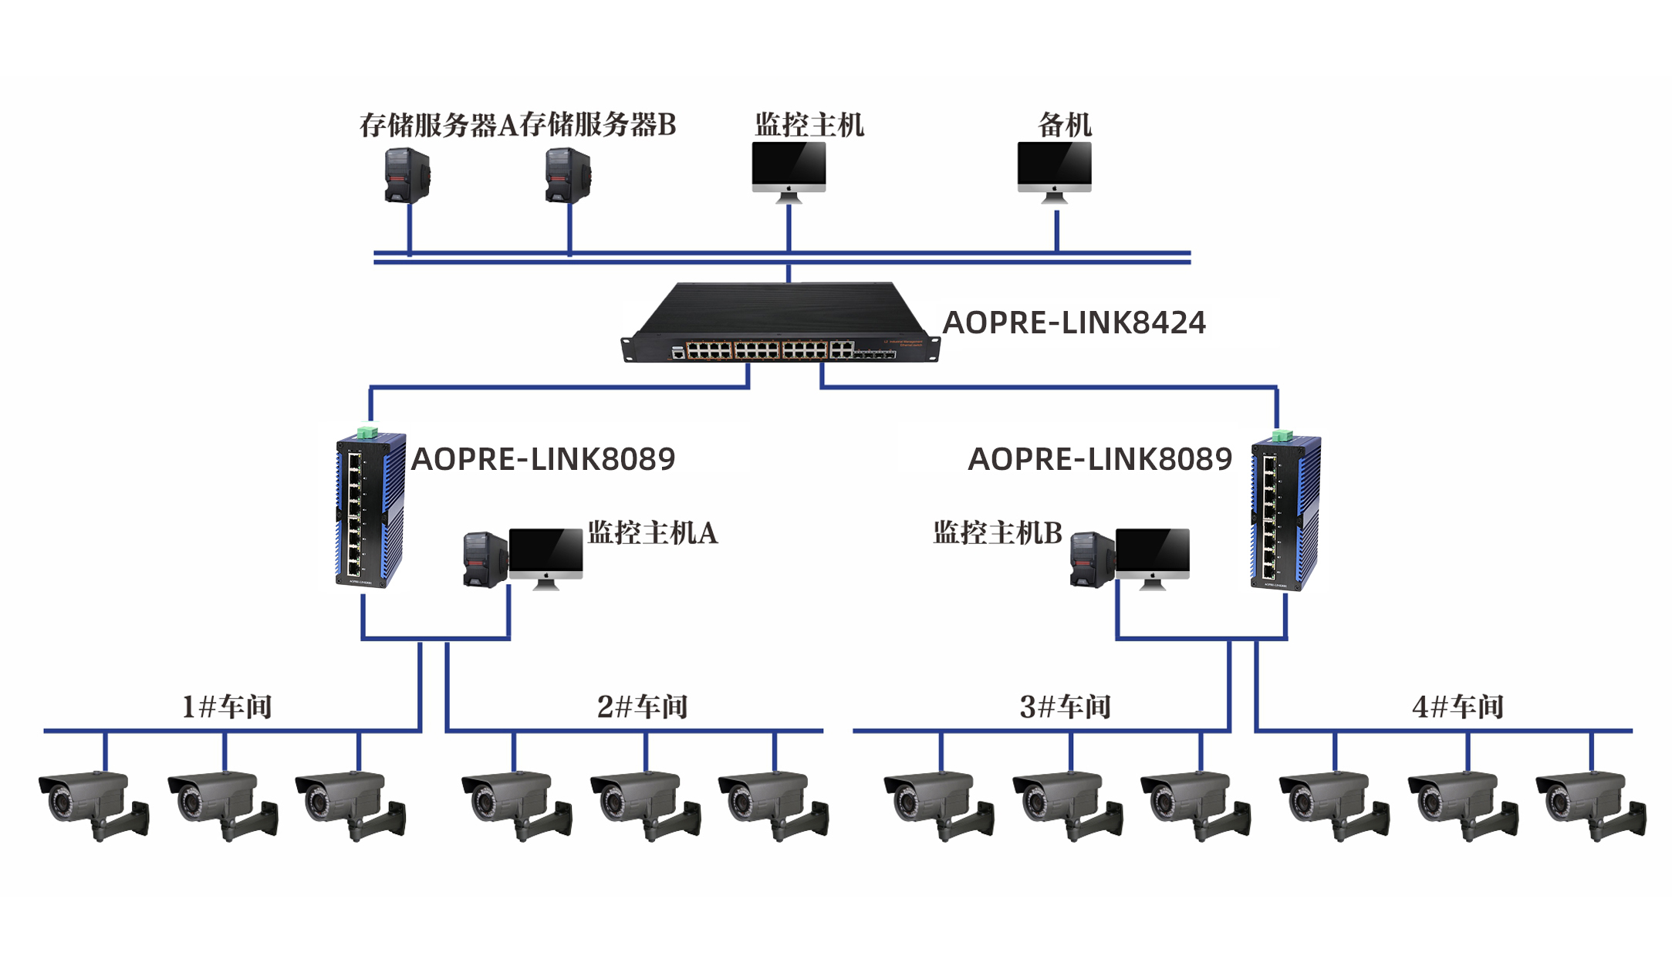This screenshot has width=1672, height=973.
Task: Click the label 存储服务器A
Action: (x=438, y=124)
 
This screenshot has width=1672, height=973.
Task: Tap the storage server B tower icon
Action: (x=568, y=176)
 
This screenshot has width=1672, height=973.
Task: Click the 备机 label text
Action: (x=1065, y=124)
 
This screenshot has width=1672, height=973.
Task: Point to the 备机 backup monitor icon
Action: (x=1054, y=168)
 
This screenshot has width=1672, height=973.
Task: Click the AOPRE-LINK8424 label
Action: (x=1074, y=323)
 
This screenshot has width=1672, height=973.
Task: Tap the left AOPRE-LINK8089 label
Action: (x=543, y=459)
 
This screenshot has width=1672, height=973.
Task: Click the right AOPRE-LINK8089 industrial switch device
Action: (x=1284, y=512)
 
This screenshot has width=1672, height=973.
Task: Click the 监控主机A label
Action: (x=653, y=532)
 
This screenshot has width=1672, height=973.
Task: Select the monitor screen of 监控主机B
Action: (x=1152, y=552)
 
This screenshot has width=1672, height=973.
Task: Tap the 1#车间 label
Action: (x=226, y=706)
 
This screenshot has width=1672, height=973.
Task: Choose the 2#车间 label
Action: (x=642, y=706)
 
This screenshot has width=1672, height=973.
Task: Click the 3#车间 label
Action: (x=1065, y=706)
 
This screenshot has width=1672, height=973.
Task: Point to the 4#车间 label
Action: (x=1458, y=706)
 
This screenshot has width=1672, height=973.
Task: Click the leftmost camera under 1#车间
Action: (x=93, y=802)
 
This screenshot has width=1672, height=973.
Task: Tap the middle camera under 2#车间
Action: (x=644, y=802)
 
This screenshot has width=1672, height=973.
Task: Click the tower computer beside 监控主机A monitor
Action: (x=485, y=559)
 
